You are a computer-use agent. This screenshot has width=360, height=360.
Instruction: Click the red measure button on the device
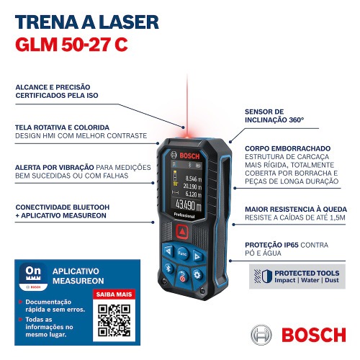pyautogui.click(x=183, y=232)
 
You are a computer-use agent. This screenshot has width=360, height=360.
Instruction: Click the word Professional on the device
pyautogui.click(x=185, y=217)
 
